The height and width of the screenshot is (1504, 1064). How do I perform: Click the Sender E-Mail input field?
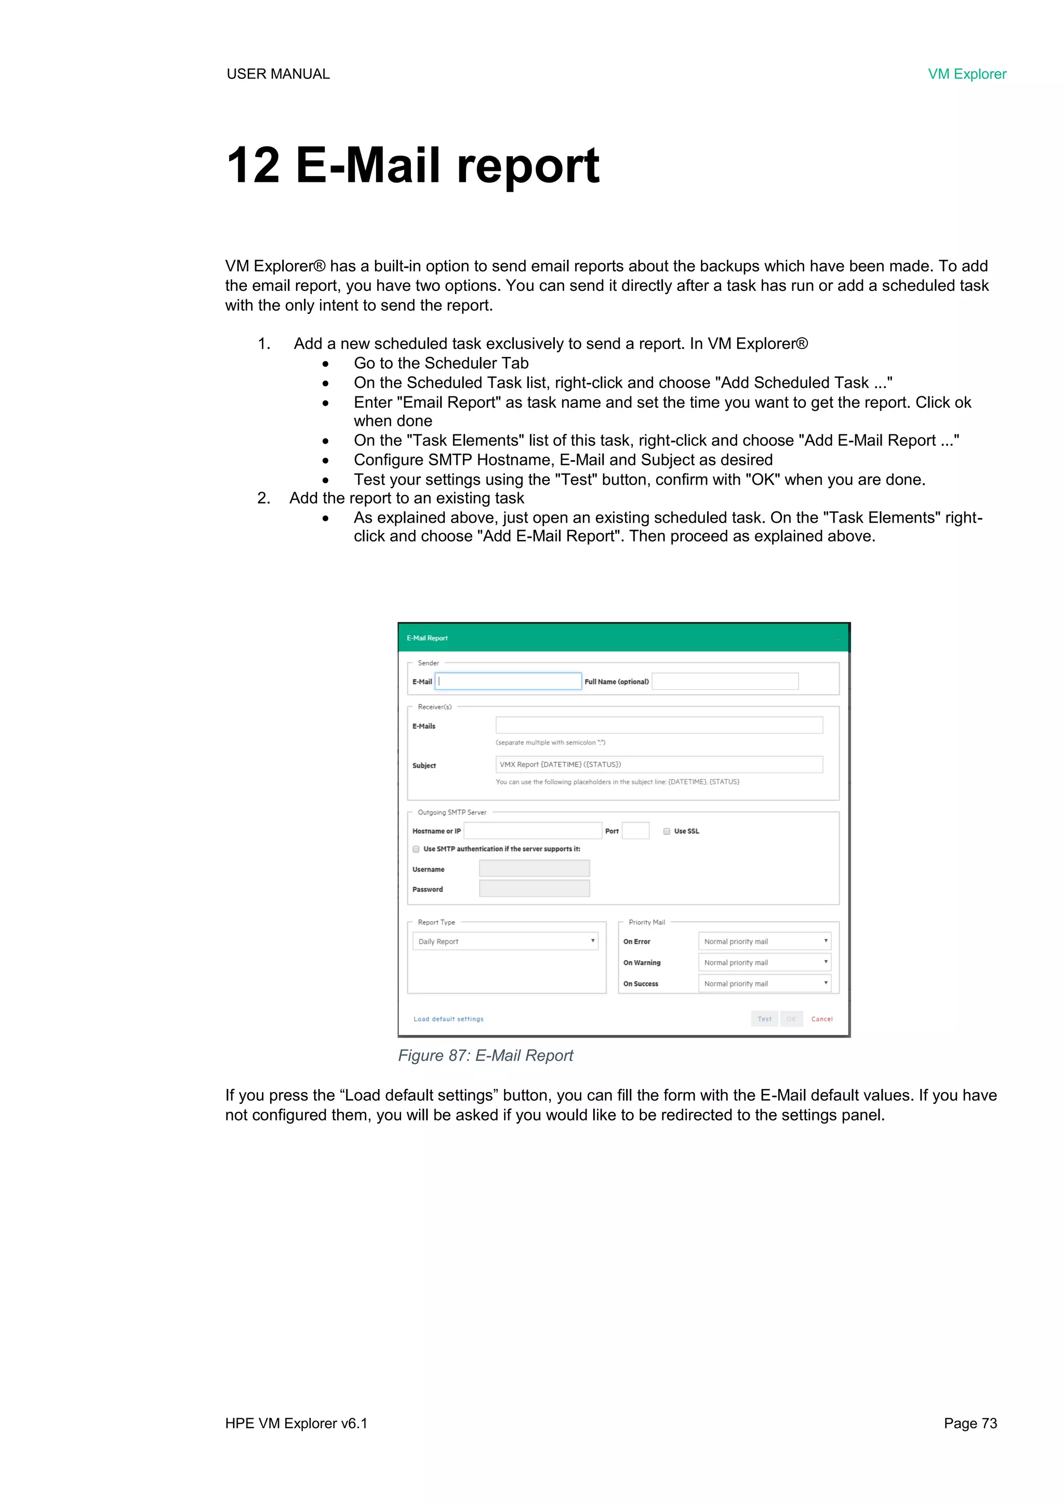point(509,681)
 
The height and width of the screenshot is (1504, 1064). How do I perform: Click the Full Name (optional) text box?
point(725,681)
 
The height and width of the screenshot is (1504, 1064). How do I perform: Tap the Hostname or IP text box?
point(532,831)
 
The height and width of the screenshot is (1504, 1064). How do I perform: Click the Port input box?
point(635,831)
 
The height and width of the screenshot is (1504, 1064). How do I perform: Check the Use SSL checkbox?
point(667,831)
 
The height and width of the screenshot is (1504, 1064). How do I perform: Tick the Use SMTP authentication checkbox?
point(416,849)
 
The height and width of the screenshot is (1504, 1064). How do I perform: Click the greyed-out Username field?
point(534,869)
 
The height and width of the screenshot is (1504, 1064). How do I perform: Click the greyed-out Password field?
point(534,888)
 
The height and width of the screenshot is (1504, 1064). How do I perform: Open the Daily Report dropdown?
point(504,941)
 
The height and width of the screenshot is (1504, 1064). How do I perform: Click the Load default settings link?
point(448,1019)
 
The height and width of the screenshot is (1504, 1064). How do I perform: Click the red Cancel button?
point(821,1019)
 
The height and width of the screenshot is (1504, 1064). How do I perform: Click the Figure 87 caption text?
point(485,1055)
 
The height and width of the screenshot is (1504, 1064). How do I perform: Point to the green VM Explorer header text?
point(966,74)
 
